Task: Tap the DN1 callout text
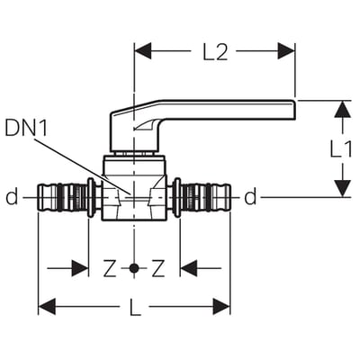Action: coord(26,129)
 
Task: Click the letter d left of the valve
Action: coord(12,197)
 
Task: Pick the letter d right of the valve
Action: coord(250,197)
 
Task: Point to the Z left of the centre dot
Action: coord(110,268)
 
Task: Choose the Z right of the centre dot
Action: coord(158,268)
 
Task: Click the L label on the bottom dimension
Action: coord(135,306)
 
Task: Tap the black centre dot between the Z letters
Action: coord(134,268)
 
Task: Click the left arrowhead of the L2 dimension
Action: coord(143,51)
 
